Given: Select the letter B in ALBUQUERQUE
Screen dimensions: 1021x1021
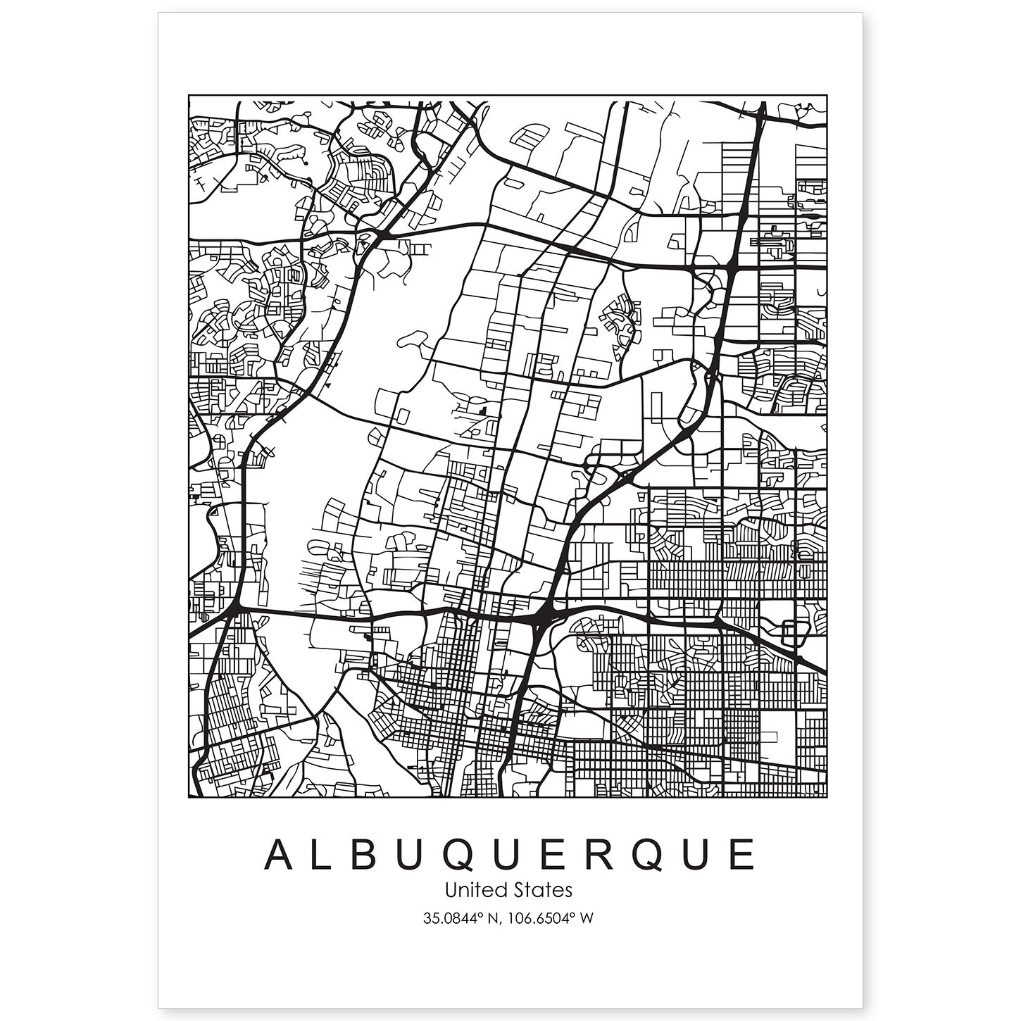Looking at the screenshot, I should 374,855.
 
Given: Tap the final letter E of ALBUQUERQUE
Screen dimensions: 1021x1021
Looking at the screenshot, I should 741,855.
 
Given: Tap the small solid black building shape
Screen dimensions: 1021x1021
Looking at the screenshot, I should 482,409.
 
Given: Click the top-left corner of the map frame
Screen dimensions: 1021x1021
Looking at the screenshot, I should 189,95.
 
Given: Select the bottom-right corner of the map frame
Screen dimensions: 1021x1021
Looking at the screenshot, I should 827,798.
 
